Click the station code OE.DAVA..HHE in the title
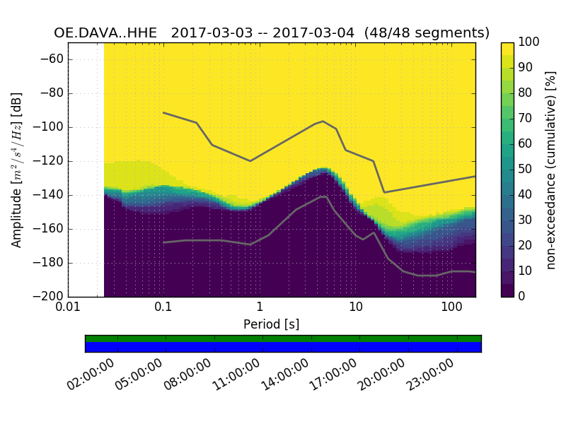click(108, 33)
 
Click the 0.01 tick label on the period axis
click(68, 307)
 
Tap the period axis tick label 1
click(260, 307)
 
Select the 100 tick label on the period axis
click(451, 307)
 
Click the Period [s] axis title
click(272, 324)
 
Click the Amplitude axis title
click(16, 170)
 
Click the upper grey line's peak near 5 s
click(323, 121)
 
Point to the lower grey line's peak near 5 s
click(324, 196)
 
